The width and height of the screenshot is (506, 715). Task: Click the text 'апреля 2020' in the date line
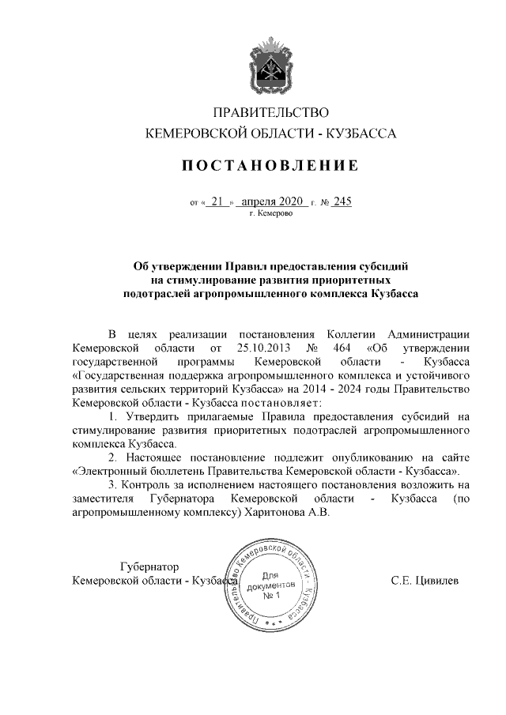pos(271,201)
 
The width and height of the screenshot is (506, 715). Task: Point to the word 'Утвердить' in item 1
pos(148,416)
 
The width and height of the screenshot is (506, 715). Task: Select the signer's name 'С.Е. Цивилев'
pos(424,581)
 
